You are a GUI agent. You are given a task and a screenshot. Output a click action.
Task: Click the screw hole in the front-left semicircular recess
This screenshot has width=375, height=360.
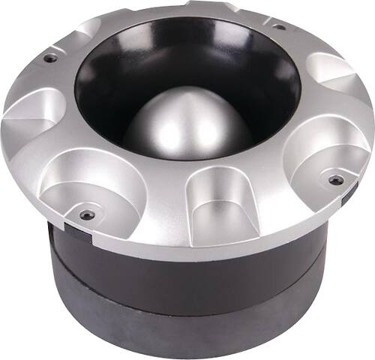pos(88,214)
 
